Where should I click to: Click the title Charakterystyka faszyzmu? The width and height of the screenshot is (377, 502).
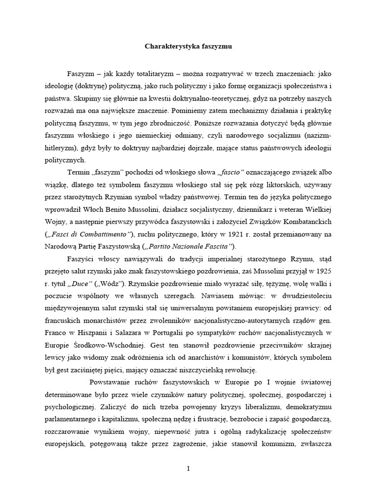coord(188,47)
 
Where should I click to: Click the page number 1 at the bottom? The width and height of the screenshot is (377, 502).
coord(188,469)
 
